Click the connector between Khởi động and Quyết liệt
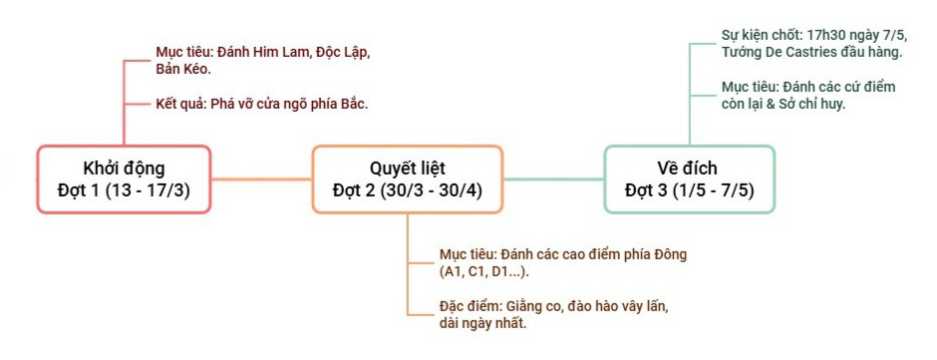(261, 180)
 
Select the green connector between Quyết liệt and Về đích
(553, 180)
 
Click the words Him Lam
(277, 51)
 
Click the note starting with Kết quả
(262, 103)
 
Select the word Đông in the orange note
(667, 254)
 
